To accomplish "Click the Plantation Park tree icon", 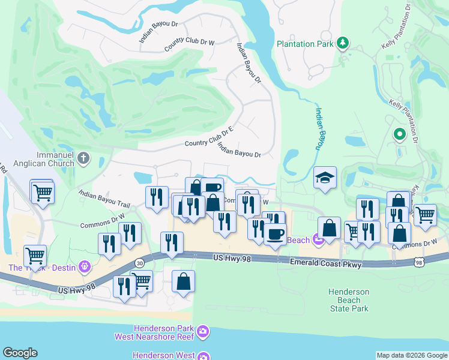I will [343, 43].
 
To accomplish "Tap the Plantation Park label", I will [305, 44].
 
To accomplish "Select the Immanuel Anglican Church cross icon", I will [83, 158].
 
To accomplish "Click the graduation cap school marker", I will [325, 178].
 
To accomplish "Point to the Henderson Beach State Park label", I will [349, 300].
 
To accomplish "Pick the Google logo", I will [20, 353].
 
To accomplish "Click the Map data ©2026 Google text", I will [411, 355].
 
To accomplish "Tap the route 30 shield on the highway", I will [140, 263].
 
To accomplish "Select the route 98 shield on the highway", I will [420, 262].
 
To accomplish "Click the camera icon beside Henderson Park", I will [203, 331].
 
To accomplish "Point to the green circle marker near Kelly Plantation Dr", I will [399, 134].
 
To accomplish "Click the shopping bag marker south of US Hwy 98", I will [183, 281].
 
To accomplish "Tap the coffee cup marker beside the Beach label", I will [275, 233].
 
